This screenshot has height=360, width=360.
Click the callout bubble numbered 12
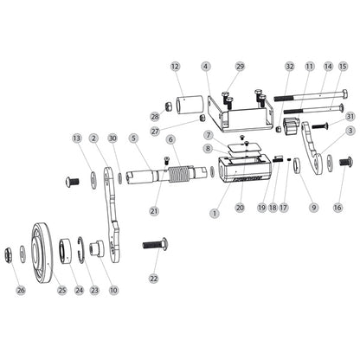(175, 67)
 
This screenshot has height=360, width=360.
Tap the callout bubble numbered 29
(240, 67)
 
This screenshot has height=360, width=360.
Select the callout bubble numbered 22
(154, 279)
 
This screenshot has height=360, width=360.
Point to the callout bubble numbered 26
(21, 290)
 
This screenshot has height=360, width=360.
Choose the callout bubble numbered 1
(215, 213)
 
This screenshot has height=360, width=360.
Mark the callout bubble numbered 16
(337, 207)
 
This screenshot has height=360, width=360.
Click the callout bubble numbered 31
(350, 117)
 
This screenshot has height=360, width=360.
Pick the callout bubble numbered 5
(133, 138)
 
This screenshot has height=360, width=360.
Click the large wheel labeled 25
(42, 252)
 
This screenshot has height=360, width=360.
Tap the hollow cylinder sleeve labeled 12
(190, 105)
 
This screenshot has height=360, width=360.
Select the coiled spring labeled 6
(179, 174)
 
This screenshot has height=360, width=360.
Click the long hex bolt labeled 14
(311, 97)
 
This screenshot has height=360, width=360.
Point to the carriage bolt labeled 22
(156, 245)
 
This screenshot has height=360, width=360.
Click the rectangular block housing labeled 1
(245, 170)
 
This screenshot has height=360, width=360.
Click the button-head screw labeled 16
(345, 161)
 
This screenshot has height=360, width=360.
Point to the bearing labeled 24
(66, 250)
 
